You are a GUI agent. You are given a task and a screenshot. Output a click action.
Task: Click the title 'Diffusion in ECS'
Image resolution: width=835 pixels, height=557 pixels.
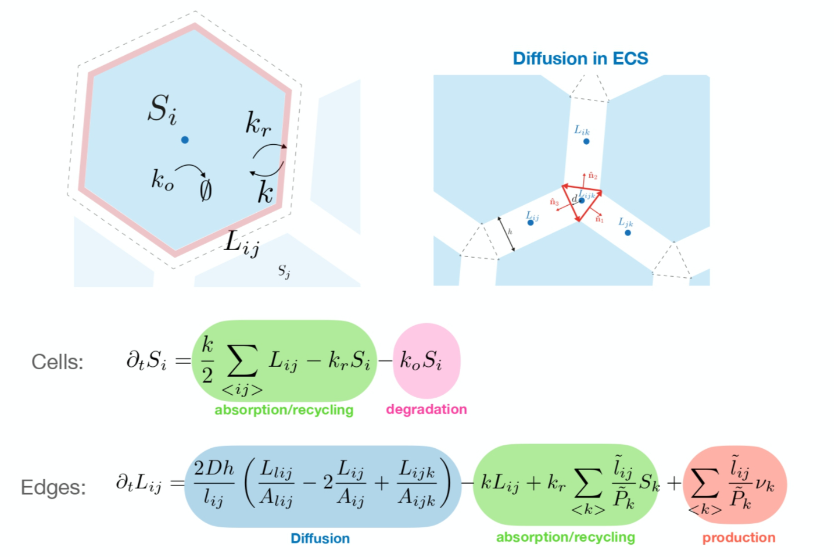pos(580,59)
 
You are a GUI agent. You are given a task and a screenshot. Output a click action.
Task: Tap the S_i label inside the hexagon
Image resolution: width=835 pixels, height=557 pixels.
pos(162,109)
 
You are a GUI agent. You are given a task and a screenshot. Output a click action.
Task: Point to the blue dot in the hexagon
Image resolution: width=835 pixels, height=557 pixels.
pos(185,140)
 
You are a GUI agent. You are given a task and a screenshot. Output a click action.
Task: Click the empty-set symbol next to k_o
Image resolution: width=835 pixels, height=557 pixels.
pos(206,190)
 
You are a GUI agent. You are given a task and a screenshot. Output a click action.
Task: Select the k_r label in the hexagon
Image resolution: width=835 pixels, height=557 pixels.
pos(257,124)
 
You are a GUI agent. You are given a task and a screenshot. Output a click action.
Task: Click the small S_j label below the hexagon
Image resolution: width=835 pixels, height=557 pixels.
pos(284,271)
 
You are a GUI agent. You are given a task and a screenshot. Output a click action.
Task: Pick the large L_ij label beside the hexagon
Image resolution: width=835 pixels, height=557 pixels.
pos(242,242)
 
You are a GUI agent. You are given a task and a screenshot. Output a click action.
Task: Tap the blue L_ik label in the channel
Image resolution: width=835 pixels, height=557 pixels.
pos(582,131)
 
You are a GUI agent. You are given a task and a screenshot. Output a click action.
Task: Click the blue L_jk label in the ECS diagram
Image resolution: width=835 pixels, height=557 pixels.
pos(625,222)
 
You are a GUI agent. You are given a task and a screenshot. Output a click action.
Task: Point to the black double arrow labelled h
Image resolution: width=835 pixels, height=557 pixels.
pos(506,234)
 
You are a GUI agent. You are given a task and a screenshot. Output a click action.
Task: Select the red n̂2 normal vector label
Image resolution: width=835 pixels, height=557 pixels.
pos(593,175)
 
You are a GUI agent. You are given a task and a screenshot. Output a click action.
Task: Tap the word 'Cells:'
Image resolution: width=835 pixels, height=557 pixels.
pos(58,362)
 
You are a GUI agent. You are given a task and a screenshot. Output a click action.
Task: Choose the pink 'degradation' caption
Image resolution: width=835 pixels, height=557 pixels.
pos(427,409)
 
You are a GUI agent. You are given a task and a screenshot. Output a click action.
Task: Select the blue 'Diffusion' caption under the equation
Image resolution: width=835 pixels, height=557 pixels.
pos(320,538)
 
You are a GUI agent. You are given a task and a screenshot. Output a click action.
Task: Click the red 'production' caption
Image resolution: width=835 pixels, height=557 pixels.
pos(739,538)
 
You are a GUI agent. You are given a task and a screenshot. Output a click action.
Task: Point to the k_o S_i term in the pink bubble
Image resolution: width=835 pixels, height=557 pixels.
pos(421,361)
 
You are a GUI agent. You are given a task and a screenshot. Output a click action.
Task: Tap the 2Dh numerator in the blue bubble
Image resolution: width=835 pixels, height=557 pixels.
pos(214,469)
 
